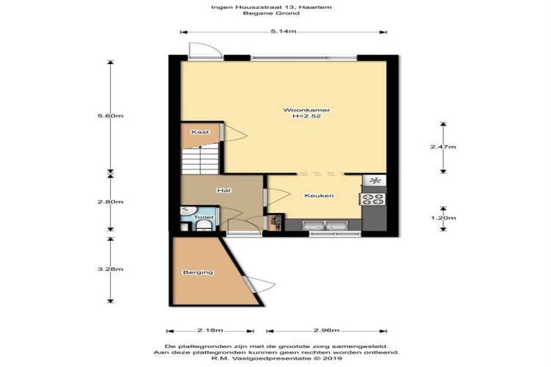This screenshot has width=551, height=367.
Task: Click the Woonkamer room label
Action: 306,110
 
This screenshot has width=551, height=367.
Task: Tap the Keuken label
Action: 319,196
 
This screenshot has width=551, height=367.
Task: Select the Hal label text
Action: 224,190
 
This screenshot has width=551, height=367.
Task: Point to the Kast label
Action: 200,132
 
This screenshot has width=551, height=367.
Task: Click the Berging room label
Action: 198,272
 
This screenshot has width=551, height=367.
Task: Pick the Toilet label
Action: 204,217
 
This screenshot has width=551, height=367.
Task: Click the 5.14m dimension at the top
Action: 284,32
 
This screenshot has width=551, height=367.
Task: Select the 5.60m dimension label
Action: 110,116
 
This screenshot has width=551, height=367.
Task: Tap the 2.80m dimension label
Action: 110,202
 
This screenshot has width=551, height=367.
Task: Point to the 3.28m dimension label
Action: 110,269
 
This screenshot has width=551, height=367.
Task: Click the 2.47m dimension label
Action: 443,147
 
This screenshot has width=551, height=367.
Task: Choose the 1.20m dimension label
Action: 443,218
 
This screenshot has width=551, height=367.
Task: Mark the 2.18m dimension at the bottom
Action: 210,330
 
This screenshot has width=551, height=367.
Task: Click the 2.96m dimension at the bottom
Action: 326,330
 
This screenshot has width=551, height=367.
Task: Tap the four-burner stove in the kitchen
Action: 372,200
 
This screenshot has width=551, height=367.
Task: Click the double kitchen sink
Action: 325,225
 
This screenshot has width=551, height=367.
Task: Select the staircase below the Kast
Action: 201,160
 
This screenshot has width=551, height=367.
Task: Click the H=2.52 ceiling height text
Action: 306,116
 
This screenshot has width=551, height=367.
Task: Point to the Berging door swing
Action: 261,284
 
